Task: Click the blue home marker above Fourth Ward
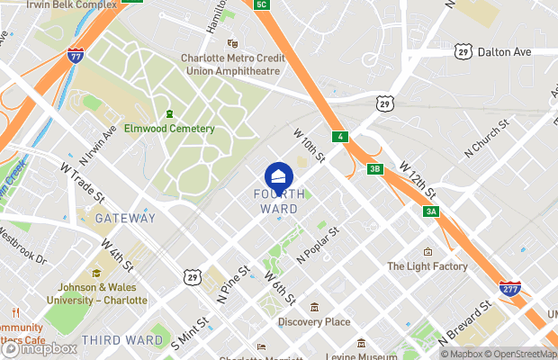[278, 175]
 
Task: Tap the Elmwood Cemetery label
[169, 129]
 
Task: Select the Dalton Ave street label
[504, 52]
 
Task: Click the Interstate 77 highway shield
[76, 55]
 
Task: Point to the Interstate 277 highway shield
[509, 289]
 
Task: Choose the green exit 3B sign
[375, 168]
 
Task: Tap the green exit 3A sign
[431, 211]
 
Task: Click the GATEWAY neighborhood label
[125, 218]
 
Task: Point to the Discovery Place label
[313, 321]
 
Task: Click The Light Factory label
[427, 266]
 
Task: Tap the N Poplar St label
[317, 244]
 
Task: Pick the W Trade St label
[83, 182]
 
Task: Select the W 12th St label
[418, 180]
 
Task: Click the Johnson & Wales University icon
[97, 274]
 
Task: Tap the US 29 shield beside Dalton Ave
[463, 52]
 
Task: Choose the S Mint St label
[190, 331]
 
